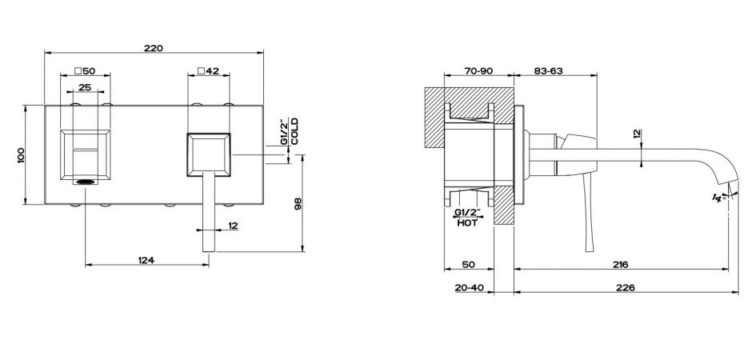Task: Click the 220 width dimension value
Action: click(154, 48)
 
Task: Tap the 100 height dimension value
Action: click(20, 155)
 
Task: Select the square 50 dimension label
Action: click(85, 71)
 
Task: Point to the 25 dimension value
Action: click(85, 88)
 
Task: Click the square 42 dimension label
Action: click(209, 71)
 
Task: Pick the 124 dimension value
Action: click(146, 260)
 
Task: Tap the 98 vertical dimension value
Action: click(298, 204)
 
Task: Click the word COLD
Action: click(295, 131)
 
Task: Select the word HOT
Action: click(468, 223)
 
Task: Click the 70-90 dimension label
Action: click(478, 71)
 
